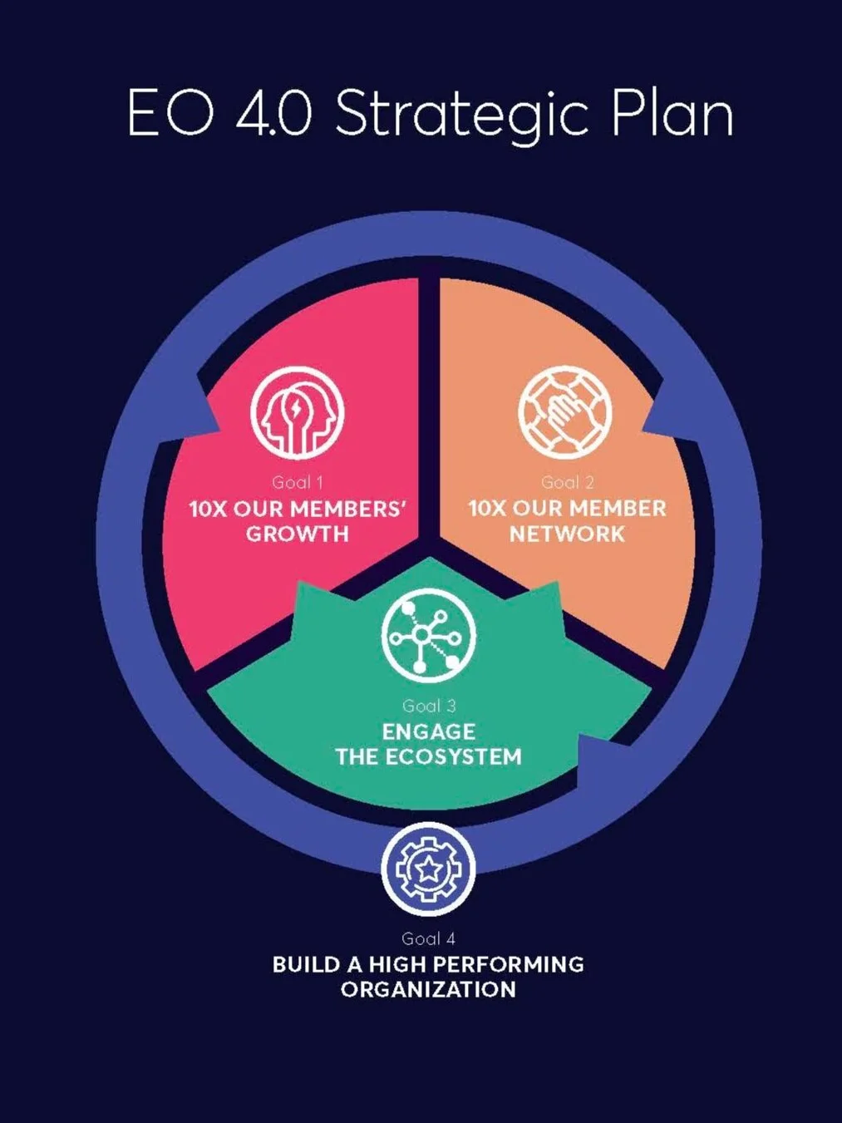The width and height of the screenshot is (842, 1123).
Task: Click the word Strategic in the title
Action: pyautogui.click(x=464, y=115)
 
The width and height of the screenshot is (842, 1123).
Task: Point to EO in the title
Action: pyautogui.click(x=170, y=111)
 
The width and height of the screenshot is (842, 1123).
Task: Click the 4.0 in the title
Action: pyautogui.click(x=274, y=111)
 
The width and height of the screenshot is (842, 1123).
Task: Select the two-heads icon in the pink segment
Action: pyautogui.click(x=298, y=411)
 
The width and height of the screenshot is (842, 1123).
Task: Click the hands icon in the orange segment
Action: pyautogui.click(x=564, y=411)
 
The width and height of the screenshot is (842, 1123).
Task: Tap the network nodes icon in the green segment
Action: pyautogui.click(x=429, y=635)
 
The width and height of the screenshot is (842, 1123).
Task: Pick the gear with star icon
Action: pyautogui.click(x=429, y=868)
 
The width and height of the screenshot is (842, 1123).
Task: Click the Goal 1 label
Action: pyautogui.click(x=298, y=482)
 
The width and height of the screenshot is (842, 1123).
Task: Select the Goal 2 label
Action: pyautogui.click(x=568, y=482)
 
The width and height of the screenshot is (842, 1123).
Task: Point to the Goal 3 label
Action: pyautogui.click(x=429, y=706)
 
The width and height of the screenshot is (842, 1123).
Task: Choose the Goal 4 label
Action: pyautogui.click(x=429, y=938)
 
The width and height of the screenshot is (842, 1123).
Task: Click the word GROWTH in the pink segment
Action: pyautogui.click(x=298, y=534)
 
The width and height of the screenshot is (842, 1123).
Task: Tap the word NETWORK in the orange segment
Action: pyautogui.click(x=568, y=534)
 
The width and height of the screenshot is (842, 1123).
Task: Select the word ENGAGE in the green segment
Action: pyautogui.click(x=429, y=731)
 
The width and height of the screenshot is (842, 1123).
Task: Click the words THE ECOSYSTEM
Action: pyautogui.click(x=429, y=756)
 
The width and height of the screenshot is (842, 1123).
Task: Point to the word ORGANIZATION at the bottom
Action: pyautogui.click(x=428, y=989)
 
